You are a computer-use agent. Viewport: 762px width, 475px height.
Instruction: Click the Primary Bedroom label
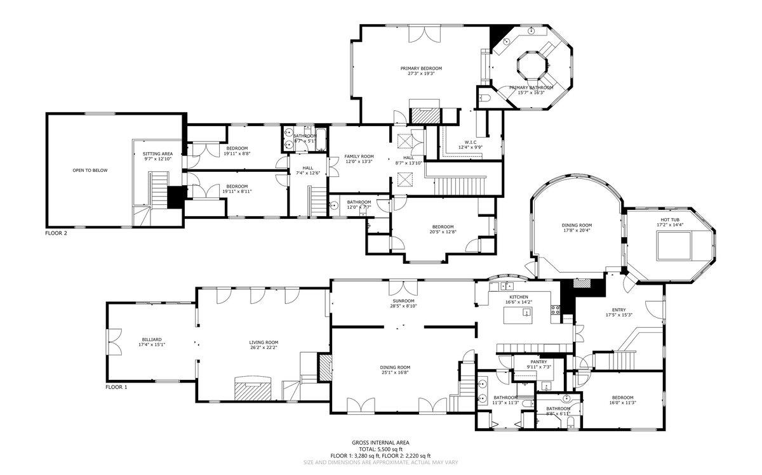point(420,68)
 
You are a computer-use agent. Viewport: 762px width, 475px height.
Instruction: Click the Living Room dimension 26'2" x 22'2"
point(264,348)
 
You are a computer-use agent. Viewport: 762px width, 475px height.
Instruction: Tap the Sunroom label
point(403,301)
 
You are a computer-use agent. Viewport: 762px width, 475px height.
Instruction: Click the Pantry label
point(538,361)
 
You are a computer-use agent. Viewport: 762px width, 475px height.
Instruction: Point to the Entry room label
point(618,310)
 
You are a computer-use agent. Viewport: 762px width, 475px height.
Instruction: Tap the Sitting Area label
point(157,153)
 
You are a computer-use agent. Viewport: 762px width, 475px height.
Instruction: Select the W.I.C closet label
point(471,142)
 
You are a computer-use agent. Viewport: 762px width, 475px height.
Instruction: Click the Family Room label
point(359,156)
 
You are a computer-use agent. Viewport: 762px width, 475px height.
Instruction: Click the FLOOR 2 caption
point(56,233)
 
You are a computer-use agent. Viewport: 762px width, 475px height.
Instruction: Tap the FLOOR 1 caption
point(116,386)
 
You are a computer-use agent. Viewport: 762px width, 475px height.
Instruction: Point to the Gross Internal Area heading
point(380,442)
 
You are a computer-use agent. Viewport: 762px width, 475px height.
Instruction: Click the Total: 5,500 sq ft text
point(380,449)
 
